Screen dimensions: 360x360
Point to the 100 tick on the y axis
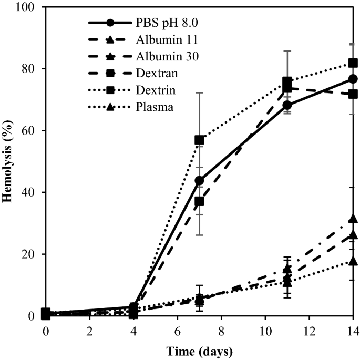[28, 7]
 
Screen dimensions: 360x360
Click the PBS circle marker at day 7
[199, 180]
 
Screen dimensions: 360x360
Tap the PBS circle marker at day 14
[353, 79]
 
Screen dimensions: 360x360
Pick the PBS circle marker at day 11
[287, 105]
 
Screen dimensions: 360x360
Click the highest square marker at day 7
[199, 140]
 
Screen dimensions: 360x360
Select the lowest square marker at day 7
[199, 201]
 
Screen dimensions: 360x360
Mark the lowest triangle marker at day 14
[353, 261]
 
